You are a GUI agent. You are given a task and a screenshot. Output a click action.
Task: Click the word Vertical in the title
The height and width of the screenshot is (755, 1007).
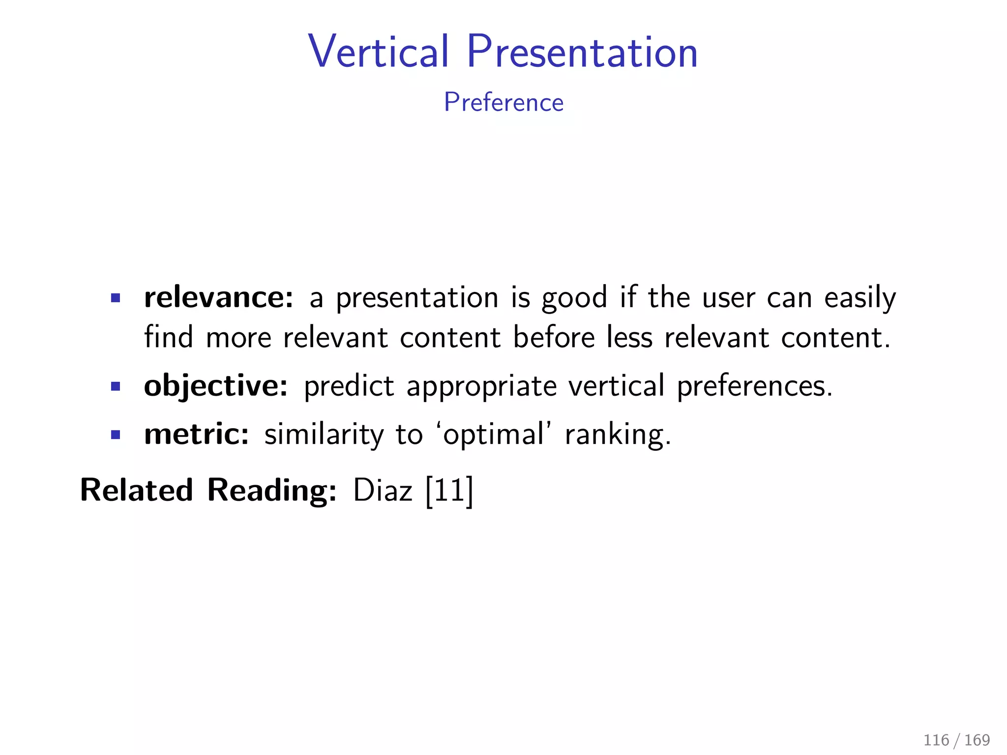378,52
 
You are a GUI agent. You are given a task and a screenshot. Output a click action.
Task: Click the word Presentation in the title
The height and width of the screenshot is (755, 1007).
582,52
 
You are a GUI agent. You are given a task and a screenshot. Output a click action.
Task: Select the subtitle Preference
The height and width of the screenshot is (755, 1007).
503,103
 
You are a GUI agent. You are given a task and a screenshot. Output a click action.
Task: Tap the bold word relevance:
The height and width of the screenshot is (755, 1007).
219,297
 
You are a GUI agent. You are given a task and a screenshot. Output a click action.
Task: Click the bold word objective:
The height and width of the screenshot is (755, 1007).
216,386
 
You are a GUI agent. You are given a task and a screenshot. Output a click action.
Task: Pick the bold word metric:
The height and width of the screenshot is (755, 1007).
197,435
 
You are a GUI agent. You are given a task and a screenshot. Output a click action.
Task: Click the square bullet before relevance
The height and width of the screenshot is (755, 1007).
116,298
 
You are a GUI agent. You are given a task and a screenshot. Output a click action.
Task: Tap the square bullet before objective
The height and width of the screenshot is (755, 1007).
116,386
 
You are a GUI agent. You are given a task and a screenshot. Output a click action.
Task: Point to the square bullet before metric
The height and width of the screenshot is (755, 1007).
116,435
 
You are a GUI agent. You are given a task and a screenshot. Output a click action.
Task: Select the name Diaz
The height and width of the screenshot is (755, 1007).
383,491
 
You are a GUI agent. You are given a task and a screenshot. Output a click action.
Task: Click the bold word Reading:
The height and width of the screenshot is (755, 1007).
272,491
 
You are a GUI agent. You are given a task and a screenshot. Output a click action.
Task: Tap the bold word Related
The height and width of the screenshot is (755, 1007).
137,491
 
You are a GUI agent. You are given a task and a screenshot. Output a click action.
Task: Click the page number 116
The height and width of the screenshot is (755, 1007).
936,740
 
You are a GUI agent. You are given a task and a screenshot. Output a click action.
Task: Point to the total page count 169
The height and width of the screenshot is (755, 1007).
977,740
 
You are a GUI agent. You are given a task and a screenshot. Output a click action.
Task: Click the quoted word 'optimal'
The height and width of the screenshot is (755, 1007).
493,435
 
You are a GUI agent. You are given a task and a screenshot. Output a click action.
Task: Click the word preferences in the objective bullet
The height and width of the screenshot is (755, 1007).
755,386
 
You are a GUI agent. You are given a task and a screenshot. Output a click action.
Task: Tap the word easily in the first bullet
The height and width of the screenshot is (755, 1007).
860,298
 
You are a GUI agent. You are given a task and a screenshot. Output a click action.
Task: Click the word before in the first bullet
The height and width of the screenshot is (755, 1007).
554,338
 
